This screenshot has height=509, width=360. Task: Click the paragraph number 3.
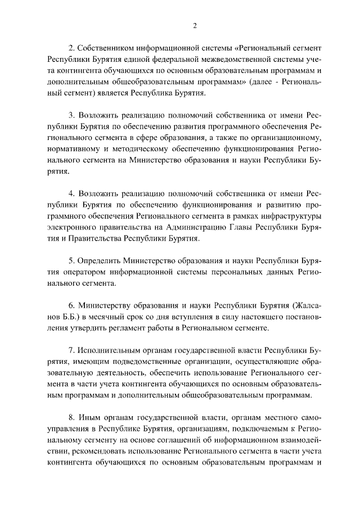coord(71,119)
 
